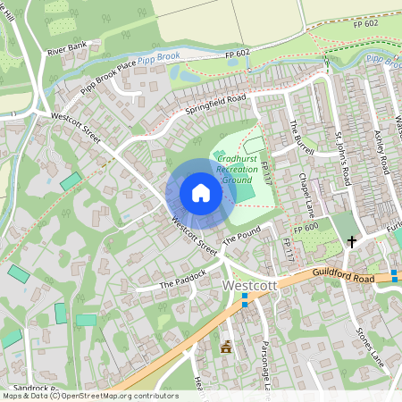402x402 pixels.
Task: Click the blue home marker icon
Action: pos(200,193)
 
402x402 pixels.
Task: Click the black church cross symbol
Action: pos(352,241)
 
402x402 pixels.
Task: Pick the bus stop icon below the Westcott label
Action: pos(245,304)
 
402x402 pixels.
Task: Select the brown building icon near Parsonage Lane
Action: pos(225,346)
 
